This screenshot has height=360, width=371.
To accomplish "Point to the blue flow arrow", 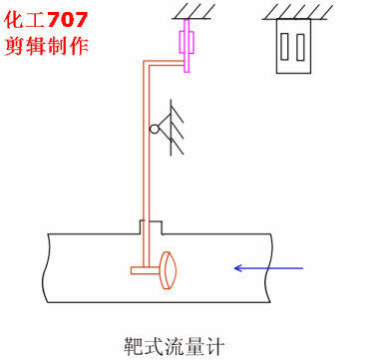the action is pyautogui.click(x=268, y=266).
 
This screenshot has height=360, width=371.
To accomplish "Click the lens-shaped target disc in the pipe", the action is pyautogui.click(x=169, y=266).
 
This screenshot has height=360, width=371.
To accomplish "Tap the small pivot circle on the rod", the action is pyautogui.click(x=155, y=130).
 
